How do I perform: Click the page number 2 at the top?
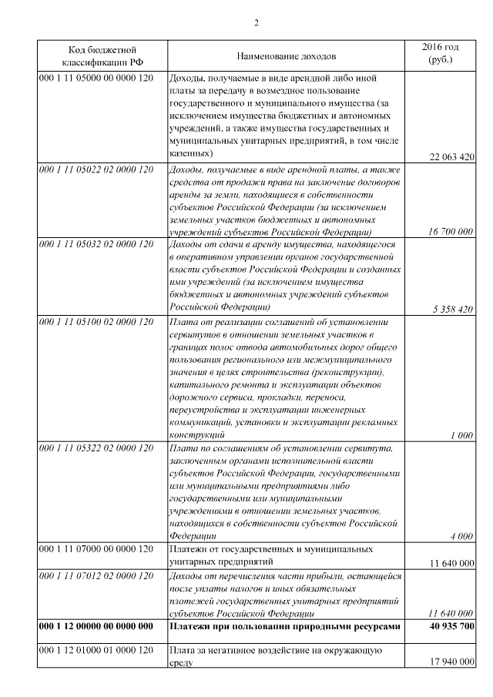[256, 22]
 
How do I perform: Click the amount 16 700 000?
[451, 231]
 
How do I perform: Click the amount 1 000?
[461, 435]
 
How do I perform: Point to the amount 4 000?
[461, 536]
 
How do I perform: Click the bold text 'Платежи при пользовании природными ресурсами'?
[284, 627]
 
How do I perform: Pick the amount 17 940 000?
[451, 662]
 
